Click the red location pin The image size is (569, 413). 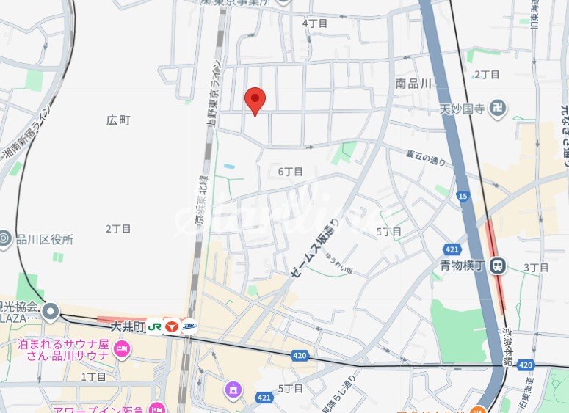coord(255,100)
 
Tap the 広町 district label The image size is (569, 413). coord(118,120)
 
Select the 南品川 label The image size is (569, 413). coord(413,84)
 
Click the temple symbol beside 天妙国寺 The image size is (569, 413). coord(499,109)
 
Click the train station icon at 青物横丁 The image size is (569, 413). coord(499,266)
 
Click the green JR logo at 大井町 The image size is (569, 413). coord(154,326)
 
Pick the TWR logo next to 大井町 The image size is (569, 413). coord(189,326)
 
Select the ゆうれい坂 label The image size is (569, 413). coord(338,265)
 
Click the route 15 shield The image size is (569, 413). coord(463,196)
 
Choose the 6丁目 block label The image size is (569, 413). coord(290,171)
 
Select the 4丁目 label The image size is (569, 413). coord(315,23)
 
